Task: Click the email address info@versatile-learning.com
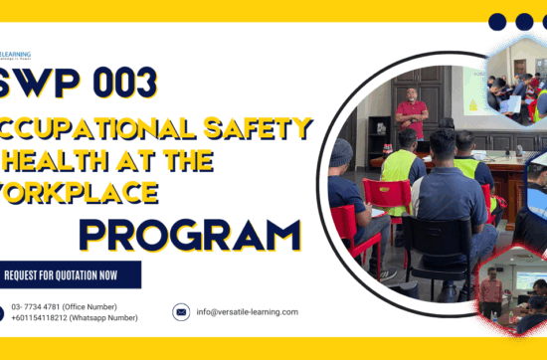click(247, 312)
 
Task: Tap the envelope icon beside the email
click(181, 312)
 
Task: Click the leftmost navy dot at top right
click(498, 22)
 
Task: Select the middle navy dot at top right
click(524, 22)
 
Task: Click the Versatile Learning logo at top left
click(14, 56)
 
